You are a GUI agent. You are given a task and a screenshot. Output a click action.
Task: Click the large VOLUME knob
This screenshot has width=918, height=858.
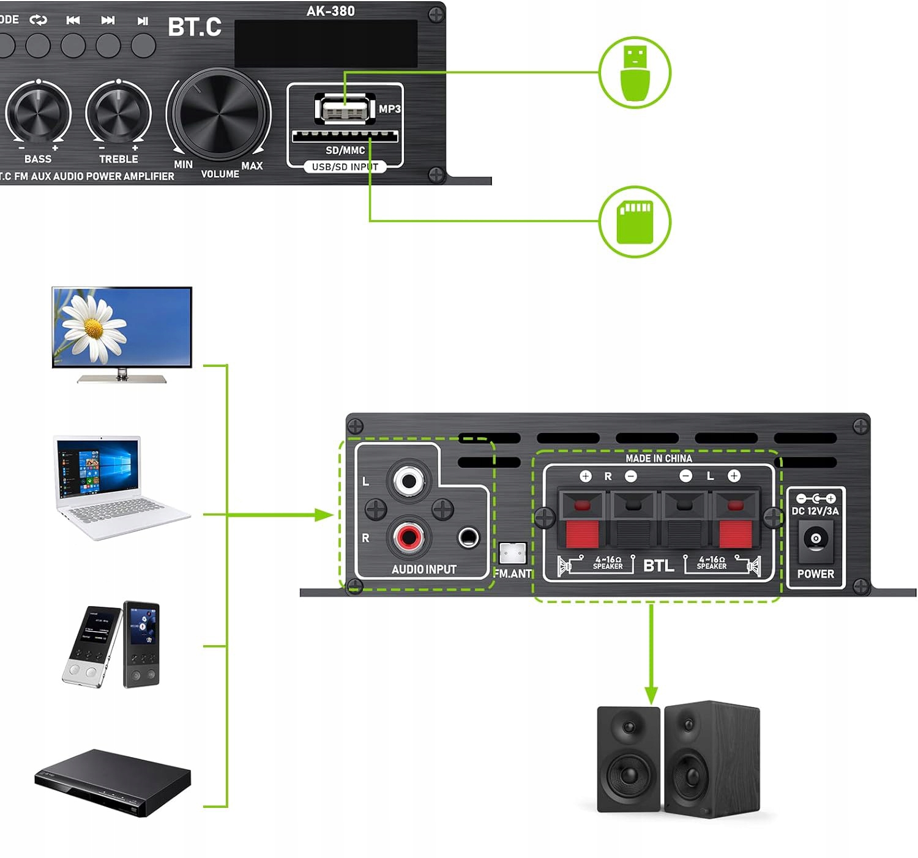tap(218, 115)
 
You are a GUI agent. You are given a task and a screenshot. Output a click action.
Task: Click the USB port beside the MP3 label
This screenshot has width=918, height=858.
tap(345, 110)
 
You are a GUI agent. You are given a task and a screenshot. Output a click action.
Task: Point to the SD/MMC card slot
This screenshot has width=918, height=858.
tap(345, 136)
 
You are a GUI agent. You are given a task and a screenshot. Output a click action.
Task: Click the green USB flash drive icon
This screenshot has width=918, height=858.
tap(635, 72)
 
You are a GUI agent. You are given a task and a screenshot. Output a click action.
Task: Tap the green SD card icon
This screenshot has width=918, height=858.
tap(635, 221)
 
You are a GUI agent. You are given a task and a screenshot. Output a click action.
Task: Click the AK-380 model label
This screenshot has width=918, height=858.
tap(330, 11)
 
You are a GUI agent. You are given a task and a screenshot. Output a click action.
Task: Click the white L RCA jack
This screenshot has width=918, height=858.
tap(408, 480)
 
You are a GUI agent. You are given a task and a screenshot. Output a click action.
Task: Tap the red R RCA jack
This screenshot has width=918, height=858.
tap(408, 538)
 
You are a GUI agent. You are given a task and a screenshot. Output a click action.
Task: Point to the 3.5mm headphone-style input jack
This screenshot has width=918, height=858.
tap(468, 538)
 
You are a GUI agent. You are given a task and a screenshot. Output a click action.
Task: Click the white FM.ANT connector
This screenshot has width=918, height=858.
tap(513, 553)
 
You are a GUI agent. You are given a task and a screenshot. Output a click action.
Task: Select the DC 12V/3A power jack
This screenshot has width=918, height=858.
tap(815, 539)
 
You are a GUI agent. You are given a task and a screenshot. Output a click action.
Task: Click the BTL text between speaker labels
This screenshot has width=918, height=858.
tap(659, 566)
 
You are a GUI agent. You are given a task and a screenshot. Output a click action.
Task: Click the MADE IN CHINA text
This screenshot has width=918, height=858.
tap(659, 458)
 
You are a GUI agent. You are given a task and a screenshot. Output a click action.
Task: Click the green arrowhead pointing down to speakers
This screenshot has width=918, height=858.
tap(651, 695)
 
